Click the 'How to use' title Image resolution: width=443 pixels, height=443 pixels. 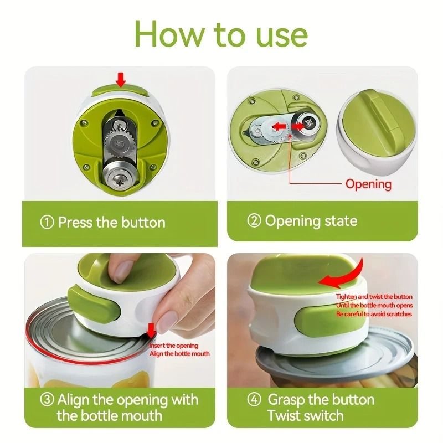pos(221,34)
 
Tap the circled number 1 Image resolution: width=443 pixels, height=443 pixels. pos(48,223)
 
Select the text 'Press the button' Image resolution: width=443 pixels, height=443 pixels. pos(111,223)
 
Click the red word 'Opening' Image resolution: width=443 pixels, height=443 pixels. pos(368,184)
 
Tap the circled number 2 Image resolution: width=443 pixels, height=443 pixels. pos(254,221)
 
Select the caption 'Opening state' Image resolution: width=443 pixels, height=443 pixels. pos(311,221)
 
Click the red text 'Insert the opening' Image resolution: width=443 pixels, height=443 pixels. pos(174,346)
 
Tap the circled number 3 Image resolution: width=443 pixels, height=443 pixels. pos(48,400)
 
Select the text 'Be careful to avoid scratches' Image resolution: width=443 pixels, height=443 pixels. pos(374,314)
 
